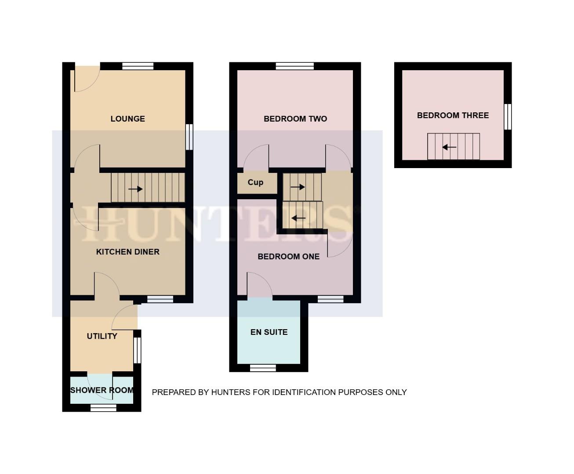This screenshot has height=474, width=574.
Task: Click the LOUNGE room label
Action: [x=127, y=119]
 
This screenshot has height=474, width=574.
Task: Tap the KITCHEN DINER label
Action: [x=127, y=252]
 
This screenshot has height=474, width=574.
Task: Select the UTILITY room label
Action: [x=102, y=336]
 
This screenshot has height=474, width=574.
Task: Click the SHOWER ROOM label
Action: [x=102, y=390]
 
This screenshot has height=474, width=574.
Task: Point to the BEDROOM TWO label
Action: [x=295, y=119]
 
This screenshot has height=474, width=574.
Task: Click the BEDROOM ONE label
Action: [x=288, y=257]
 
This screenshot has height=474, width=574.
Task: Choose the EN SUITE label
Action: [x=269, y=332]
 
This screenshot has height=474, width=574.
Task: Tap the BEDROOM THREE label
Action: [x=453, y=115]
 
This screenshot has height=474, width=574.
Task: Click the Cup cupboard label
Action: [x=255, y=183]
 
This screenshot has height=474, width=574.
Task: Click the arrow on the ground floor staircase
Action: [x=135, y=189]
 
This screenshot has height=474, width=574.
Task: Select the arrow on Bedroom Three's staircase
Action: [x=449, y=147]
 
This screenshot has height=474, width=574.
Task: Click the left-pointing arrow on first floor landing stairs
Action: [x=298, y=218]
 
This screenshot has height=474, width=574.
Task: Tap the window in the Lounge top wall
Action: [x=138, y=66]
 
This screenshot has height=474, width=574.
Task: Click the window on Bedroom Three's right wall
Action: [x=508, y=117]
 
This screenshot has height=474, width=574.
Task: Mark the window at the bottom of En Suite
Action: [x=263, y=368]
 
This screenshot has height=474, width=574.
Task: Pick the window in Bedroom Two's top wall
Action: [x=295, y=66]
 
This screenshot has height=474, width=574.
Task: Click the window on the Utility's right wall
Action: [x=137, y=350]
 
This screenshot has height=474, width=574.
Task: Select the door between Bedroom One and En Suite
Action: [x=259, y=285]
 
